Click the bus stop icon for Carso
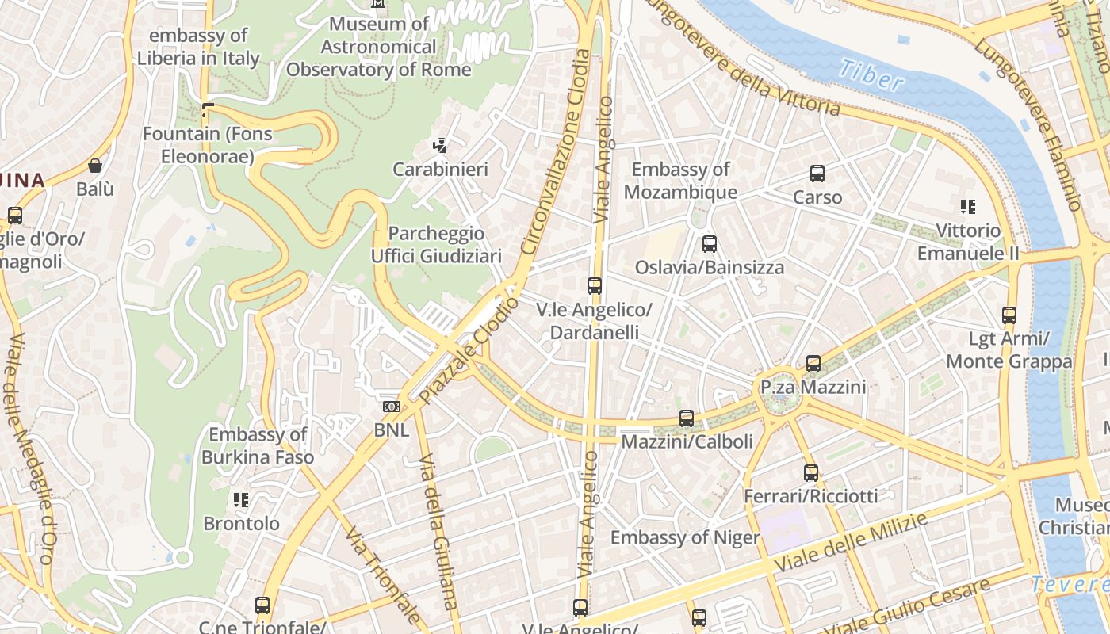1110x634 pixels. (x=817, y=174)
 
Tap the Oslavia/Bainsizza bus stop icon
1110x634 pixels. (x=710, y=244)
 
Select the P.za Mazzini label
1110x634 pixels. (x=813, y=388)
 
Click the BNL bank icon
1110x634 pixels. (x=392, y=407)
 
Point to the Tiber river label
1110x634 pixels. (x=871, y=74)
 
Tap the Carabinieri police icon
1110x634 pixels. (x=440, y=146)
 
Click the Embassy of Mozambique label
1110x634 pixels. (x=680, y=181)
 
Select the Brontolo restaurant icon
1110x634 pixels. (x=241, y=500)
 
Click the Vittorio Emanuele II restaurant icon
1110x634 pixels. (x=967, y=207)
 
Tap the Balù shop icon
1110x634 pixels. (x=95, y=166)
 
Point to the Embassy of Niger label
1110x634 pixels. (x=685, y=537)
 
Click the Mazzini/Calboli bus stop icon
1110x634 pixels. (x=687, y=418)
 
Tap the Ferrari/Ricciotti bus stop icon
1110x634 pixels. (x=810, y=473)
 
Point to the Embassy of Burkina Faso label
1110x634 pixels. (x=257, y=445)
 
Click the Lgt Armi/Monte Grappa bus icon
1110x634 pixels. (x=1009, y=315)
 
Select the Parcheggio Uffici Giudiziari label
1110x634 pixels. (x=436, y=245)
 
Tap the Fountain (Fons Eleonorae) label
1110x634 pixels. (x=207, y=145)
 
